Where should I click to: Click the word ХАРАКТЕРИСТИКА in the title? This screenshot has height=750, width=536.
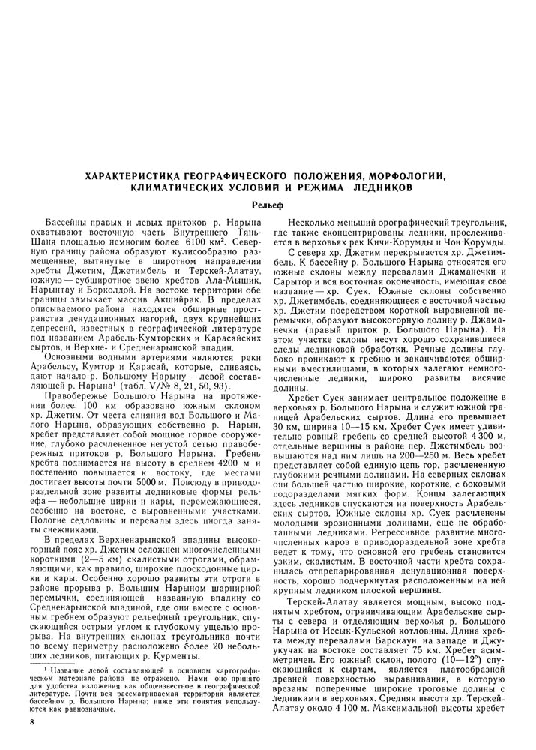pyautogui.click(x=131, y=175)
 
